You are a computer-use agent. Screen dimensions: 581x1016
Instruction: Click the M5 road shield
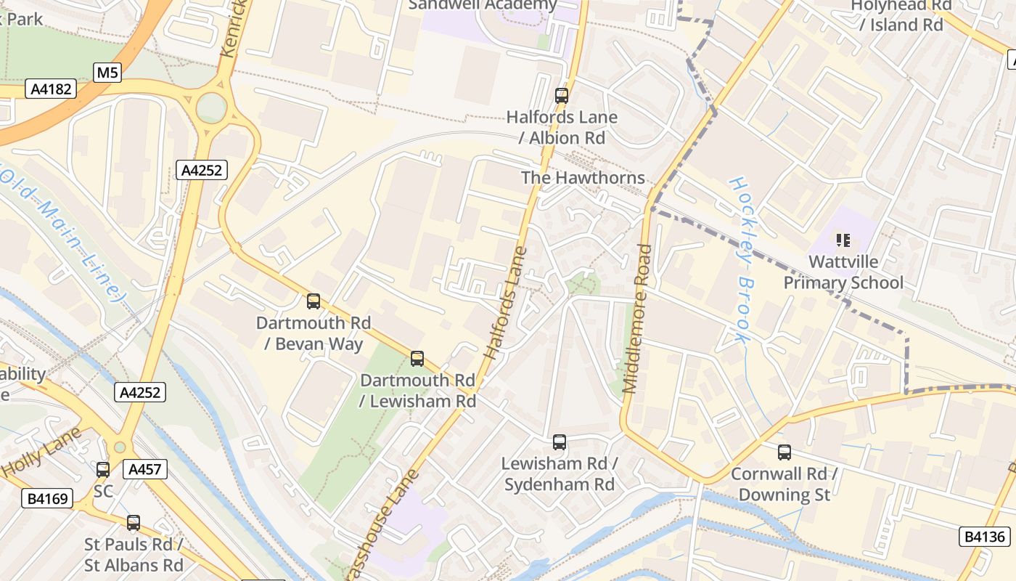pyautogui.click(x=107, y=73)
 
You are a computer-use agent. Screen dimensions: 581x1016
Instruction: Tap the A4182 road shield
pyautogui.click(x=50, y=89)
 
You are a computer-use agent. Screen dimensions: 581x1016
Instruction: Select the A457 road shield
pyautogui.click(x=144, y=469)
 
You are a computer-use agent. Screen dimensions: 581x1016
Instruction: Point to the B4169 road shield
pyautogui.click(x=48, y=499)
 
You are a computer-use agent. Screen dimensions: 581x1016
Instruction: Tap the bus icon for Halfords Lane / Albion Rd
pyautogui.click(x=561, y=95)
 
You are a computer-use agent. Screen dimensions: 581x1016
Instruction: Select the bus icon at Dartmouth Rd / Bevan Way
pyautogui.click(x=314, y=301)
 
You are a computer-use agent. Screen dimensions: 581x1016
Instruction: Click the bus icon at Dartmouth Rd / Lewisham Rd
pyautogui.click(x=417, y=358)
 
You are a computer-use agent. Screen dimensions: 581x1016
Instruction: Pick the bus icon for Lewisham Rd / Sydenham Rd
pyautogui.click(x=559, y=442)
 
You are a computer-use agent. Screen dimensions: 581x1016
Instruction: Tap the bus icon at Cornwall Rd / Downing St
pyautogui.click(x=784, y=452)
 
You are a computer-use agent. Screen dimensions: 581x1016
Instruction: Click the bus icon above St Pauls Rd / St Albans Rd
pyautogui.click(x=134, y=522)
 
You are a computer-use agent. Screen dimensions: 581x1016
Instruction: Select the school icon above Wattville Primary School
pyautogui.click(x=843, y=239)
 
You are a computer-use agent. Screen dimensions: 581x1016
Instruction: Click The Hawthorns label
pyautogui.click(x=583, y=178)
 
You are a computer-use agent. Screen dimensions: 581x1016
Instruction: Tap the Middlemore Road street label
pyautogui.click(x=637, y=318)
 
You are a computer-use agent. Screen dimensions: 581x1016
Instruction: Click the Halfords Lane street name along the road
pyautogui.click(x=507, y=304)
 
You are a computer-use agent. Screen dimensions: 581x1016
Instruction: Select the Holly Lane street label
pyautogui.click(x=41, y=452)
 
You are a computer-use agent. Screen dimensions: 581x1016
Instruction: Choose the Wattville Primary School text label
pyautogui.click(x=843, y=272)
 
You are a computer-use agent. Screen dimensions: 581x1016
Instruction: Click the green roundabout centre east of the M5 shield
pyautogui.click(x=211, y=108)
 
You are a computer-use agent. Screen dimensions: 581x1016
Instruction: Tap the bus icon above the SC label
pyautogui.click(x=103, y=470)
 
